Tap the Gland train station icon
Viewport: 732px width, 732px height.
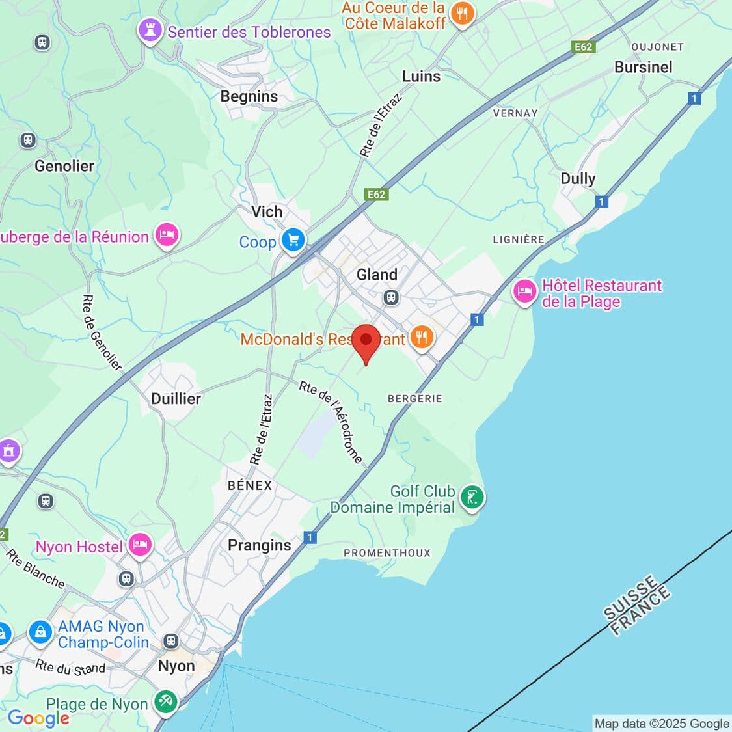click(x=390, y=298)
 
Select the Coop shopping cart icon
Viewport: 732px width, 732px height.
click(x=293, y=240)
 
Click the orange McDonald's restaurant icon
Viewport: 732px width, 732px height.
click(x=422, y=338)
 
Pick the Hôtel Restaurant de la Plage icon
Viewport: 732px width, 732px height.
click(x=525, y=292)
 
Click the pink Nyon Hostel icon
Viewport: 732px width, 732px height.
click(x=140, y=545)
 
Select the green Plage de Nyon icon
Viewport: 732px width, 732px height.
click(x=166, y=702)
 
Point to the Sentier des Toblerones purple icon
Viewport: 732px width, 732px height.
click(x=151, y=31)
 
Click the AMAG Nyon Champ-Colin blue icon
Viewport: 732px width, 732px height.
click(x=40, y=631)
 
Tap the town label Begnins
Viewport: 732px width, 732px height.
click(x=249, y=96)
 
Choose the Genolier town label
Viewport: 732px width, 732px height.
click(x=64, y=166)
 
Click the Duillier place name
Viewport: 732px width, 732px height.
click(x=176, y=398)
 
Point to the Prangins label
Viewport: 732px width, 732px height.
click(x=259, y=545)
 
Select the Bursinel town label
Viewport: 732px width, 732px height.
click(x=643, y=67)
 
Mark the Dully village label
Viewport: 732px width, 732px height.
click(x=578, y=178)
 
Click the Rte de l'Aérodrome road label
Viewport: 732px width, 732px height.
click(x=331, y=422)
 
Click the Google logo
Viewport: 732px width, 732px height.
click(x=38, y=718)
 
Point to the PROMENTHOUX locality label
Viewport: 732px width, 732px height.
click(x=387, y=553)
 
